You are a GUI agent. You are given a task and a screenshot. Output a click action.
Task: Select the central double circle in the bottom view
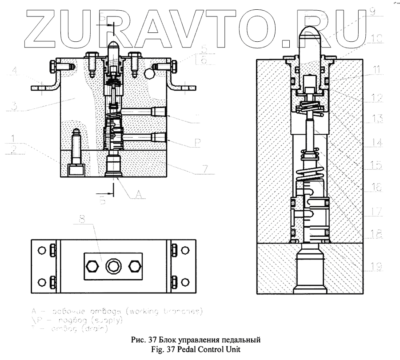(x=111, y=267)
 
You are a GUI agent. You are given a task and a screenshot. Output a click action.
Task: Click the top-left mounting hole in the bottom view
(x=41, y=250)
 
